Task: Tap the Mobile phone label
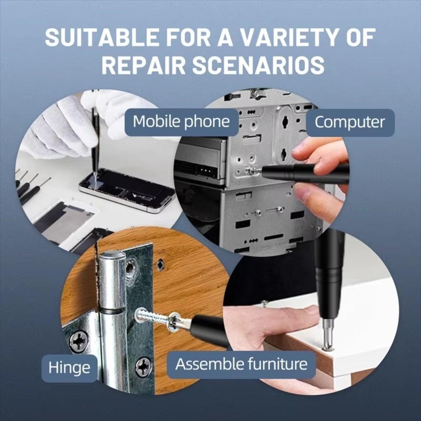181,122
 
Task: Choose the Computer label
349,122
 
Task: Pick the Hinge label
69,368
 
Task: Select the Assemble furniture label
241,364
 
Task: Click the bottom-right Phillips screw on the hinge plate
143,366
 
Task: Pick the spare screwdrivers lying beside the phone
29,185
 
